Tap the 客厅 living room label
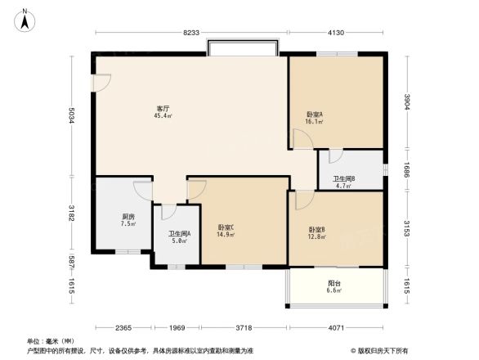point(163,109)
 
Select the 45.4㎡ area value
point(163,116)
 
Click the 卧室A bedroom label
point(315,115)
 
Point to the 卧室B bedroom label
point(317,230)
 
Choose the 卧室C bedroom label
point(226,227)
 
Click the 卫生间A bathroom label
point(180,233)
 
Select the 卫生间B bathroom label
point(343,178)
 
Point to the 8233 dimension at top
point(190,32)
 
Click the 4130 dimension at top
point(336,32)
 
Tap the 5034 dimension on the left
point(73,116)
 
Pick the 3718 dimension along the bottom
point(244,329)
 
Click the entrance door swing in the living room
point(102,83)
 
